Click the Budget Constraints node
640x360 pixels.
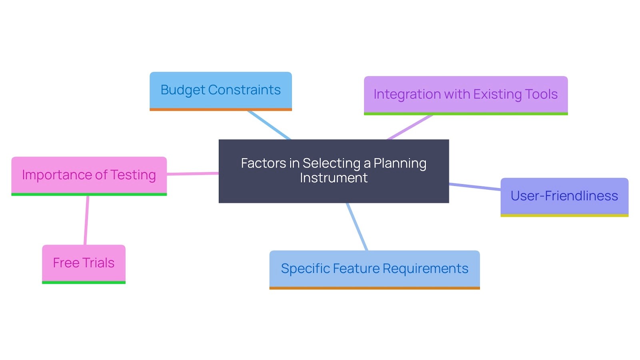pos(220,90)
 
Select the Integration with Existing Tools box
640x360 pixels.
pos(466,95)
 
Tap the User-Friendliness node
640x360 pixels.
pos(564,196)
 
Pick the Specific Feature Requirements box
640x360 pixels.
pos(374,268)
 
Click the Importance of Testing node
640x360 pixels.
pos(89,175)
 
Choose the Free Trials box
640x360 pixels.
pos(84,263)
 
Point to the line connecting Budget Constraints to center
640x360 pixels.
pos(269,125)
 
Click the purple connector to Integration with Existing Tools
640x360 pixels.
pos(410,127)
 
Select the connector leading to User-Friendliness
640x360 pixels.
pos(475,187)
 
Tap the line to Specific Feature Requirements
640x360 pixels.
pos(357,227)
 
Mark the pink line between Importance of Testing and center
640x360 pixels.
pos(192,174)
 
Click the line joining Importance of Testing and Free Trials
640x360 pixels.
pos(86,220)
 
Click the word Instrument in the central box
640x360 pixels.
pos(334,178)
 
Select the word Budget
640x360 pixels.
pos(182,90)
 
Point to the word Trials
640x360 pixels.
pos(98,263)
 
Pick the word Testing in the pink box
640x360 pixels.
pos(133,175)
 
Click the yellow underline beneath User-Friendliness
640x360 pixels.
pos(564,216)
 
